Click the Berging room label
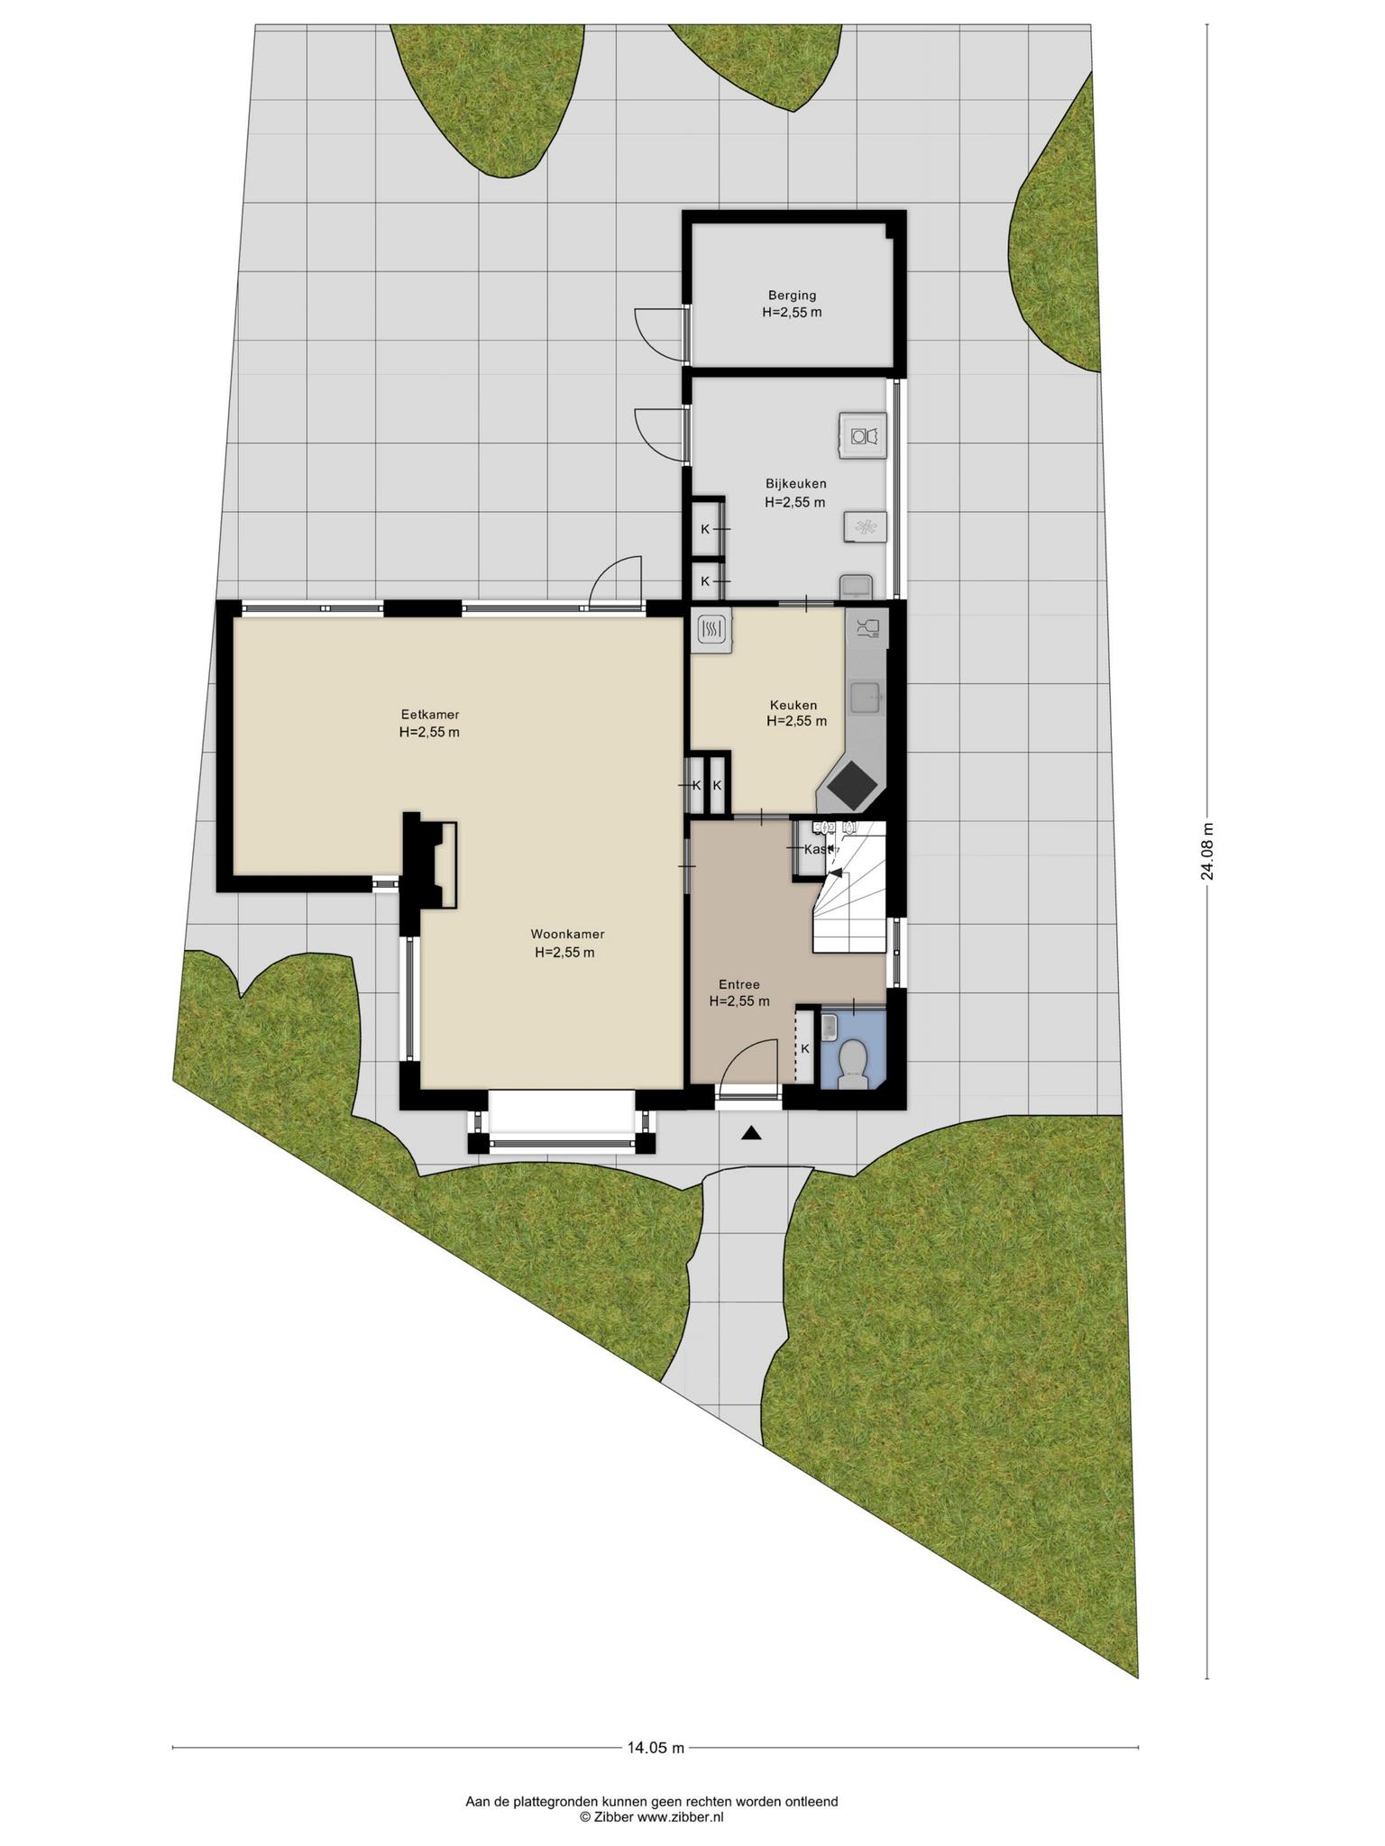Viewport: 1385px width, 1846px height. coord(792,295)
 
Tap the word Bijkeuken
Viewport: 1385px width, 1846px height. coord(794,484)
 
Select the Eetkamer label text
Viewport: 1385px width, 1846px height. coord(429,715)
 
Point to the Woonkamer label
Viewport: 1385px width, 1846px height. coord(567,934)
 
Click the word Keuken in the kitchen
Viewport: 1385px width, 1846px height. coord(793,705)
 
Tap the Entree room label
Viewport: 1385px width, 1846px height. coord(739,984)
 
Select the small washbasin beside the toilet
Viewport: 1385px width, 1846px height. coord(830,1026)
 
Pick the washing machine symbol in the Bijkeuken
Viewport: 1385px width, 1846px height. coord(863,435)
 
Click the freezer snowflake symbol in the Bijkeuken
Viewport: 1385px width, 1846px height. coord(865,527)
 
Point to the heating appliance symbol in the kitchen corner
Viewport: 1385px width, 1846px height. coord(712,629)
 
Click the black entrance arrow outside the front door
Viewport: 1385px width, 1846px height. coord(750,1135)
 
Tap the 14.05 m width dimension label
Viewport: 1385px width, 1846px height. coord(656,1748)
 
